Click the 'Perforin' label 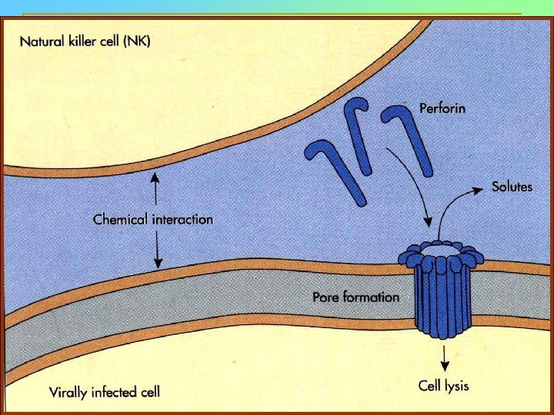coord(442,108)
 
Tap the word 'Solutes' coord(512,187)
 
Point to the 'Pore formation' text coord(355,297)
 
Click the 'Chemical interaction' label coord(153,219)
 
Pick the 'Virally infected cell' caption coord(105,392)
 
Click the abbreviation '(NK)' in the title coord(136,41)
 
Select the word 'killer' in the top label coord(83,41)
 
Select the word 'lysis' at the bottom coord(459,385)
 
